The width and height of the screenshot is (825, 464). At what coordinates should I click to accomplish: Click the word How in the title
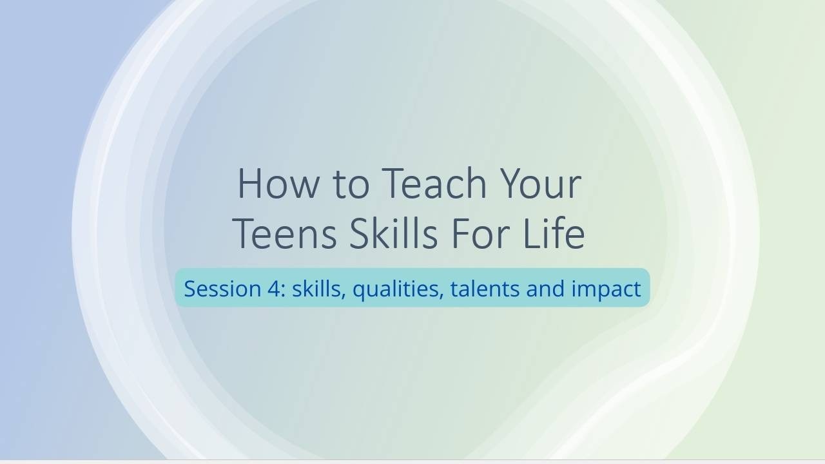[278, 184]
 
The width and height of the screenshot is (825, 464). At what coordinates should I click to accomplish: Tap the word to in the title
[351, 185]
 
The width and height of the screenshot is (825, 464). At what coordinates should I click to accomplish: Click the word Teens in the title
[284, 234]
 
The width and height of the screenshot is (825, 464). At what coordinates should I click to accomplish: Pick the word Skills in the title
[393, 233]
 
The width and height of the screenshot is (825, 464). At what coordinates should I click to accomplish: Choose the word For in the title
[481, 234]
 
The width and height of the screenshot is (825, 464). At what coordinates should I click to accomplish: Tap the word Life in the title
[554, 233]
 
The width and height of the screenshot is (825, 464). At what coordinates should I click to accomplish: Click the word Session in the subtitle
[222, 288]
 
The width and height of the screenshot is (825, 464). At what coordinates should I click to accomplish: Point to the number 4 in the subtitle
[273, 288]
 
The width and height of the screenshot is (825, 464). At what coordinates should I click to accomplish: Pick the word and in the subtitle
[545, 288]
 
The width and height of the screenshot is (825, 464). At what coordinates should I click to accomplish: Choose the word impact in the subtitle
[607, 290]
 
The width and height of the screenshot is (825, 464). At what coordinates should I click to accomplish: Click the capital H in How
[250, 184]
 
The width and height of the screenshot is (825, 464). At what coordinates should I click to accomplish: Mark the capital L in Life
[532, 234]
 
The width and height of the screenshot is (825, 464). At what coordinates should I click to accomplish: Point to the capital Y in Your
[512, 184]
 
